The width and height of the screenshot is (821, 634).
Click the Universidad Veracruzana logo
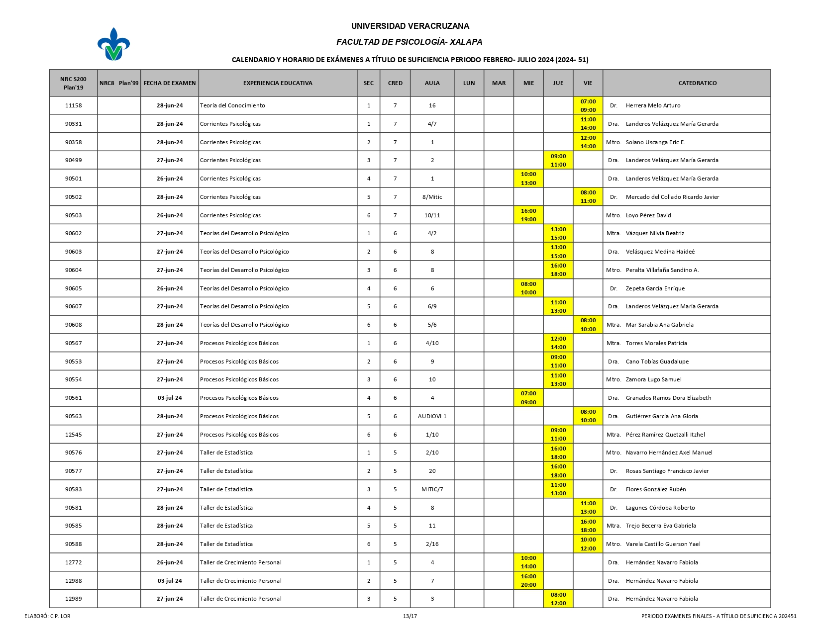(113, 44)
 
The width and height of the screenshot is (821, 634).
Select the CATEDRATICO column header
(697, 83)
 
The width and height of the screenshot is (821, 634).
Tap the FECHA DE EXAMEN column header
(170, 83)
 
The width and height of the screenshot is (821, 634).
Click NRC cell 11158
(73, 105)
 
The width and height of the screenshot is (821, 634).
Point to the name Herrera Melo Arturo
(653, 105)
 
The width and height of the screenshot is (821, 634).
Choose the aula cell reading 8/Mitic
(432, 197)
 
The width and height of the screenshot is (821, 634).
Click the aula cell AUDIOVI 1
(432, 416)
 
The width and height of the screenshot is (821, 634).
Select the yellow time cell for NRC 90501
(528, 179)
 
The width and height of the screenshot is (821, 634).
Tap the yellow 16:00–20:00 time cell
(528, 581)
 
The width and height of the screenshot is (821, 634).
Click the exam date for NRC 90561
(170, 398)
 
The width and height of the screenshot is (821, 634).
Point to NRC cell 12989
(73, 599)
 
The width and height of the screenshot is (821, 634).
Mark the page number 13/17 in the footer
(410, 616)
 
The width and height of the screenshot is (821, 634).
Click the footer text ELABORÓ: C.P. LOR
(47, 616)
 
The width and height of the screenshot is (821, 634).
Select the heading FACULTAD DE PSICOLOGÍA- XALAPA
(410, 42)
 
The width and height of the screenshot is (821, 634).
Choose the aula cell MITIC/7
(432, 489)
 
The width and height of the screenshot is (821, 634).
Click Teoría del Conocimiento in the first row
(232, 105)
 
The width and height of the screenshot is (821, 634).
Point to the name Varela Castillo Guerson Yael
(663, 544)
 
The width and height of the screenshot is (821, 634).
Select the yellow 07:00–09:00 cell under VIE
(588, 105)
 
